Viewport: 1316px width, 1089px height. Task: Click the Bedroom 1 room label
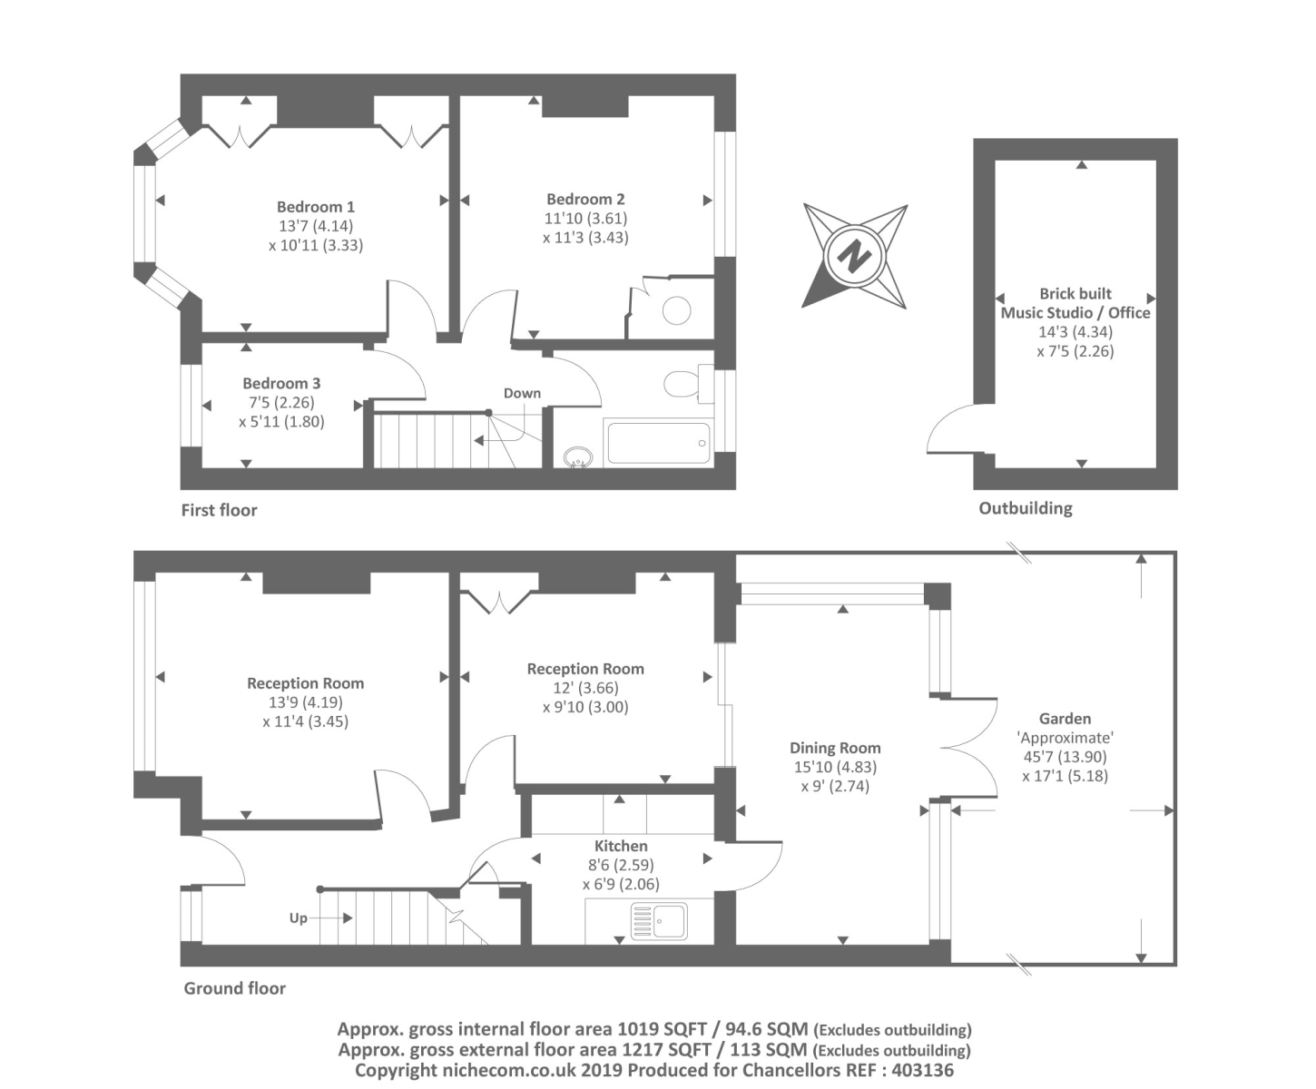click(x=316, y=207)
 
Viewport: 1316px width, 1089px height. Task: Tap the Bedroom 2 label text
click(x=585, y=199)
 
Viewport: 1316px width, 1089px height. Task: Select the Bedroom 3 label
click(x=281, y=383)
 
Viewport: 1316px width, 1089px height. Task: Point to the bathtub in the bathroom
click(x=658, y=443)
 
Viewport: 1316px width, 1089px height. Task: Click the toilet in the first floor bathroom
click(x=685, y=383)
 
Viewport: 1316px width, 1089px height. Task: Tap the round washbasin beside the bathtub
click(x=576, y=456)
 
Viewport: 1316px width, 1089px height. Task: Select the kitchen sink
click(x=660, y=920)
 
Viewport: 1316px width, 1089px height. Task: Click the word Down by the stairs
click(x=522, y=393)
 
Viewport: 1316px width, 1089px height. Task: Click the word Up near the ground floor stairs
click(x=298, y=917)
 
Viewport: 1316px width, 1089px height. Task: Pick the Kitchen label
click(x=621, y=846)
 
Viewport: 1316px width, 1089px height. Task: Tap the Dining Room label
click(x=835, y=748)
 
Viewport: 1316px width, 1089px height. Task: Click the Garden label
click(x=1065, y=718)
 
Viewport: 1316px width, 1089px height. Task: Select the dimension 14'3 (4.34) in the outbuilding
click(x=1075, y=332)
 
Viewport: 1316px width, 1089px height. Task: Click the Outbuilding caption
click(x=1025, y=508)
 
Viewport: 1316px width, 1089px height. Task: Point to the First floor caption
click(x=219, y=510)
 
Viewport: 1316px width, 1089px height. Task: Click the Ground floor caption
click(x=234, y=988)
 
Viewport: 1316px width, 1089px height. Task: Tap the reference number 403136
click(x=921, y=1070)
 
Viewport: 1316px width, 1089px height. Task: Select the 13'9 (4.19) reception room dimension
click(x=305, y=702)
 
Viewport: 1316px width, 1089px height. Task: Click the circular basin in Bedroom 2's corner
click(x=676, y=310)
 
